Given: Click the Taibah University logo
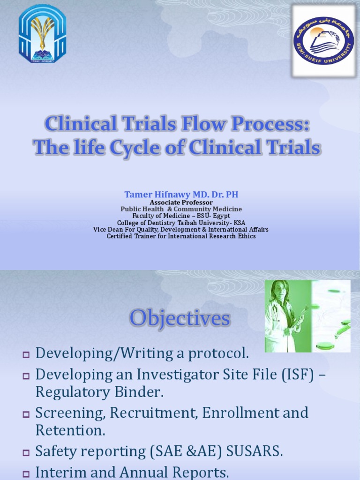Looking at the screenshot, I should point(42,35).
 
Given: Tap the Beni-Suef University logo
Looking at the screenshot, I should point(323,41).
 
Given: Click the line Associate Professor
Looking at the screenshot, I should point(181,202).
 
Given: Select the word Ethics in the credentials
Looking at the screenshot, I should point(246,236).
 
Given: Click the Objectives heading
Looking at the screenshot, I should point(180,319).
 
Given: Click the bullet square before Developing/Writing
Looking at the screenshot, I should point(26,355).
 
